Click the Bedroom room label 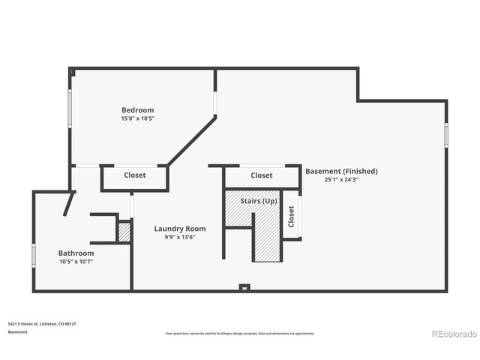coord(138,110)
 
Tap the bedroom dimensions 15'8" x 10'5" coord(138,118)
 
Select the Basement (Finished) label coord(341,171)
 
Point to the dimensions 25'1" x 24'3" coord(341,180)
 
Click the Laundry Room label coord(180,229)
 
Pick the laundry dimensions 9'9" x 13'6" coord(180,238)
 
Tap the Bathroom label coord(76,253)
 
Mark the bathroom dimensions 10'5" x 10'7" coord(76,262)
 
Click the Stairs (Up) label coord(259,202)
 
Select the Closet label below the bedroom coord(135,175)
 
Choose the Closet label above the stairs coord(262,175)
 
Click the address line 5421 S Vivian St coord(42,324)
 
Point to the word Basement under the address coord(18,331)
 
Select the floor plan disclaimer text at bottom coord(240,333)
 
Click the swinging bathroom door coord(69,204)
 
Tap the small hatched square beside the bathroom coord(124,232)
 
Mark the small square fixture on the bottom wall coord(244,286)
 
